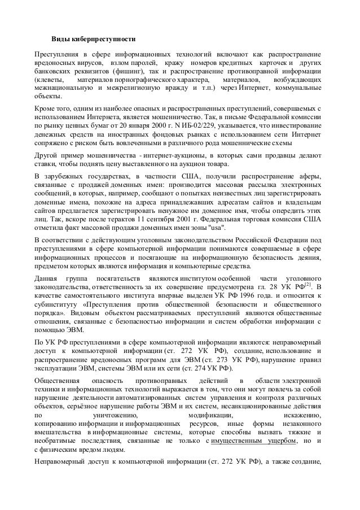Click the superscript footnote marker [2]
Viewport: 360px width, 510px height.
(x=309, y=284)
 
